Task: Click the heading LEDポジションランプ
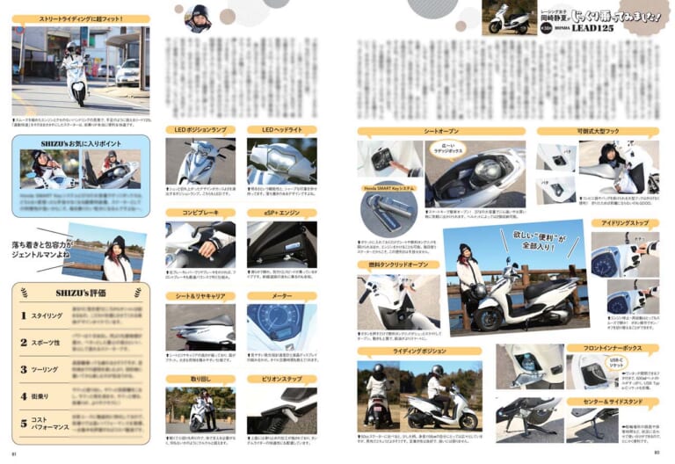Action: (x=200, y=131)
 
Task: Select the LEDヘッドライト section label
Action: (x=281, y=131)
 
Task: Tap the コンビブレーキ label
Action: (x=200, y=213)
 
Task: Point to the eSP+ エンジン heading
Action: (x=281, y=213)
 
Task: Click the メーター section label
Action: (x=281, y=296)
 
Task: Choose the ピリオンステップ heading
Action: (x=281, y=380)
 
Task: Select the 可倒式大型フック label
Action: (x=598, y=131)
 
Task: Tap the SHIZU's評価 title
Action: (x=80, y=293)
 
